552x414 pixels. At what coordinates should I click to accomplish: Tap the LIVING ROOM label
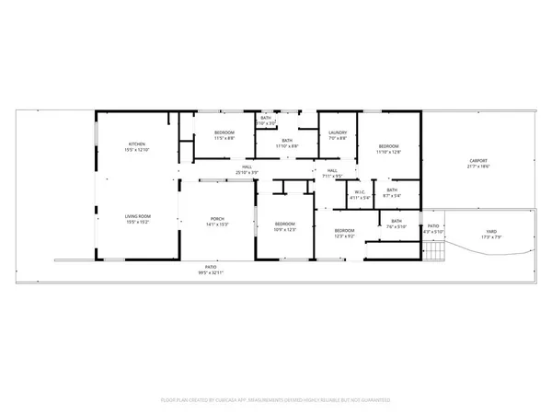[137, 219]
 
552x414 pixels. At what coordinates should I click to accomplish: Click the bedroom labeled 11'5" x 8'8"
[224, 136]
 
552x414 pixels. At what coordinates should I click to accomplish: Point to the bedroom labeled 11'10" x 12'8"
[388, 149]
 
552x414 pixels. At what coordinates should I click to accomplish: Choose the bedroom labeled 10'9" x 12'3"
[285, 227]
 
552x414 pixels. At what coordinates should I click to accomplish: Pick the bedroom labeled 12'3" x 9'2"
[345, 233]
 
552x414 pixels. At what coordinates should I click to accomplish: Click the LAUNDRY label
[337, 136]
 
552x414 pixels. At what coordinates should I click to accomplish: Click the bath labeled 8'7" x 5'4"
[393, 192]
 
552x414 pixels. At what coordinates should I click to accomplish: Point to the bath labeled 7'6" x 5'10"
[397, 224]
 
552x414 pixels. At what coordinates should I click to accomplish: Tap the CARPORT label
[477, 167]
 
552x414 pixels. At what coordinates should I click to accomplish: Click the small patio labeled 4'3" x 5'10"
[432, 229]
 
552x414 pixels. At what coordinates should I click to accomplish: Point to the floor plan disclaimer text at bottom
[276, 400]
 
